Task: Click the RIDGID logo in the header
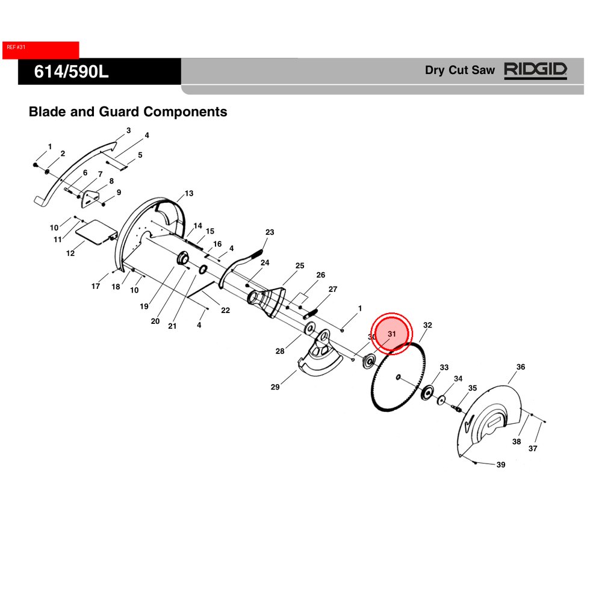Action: [x=535, y=70]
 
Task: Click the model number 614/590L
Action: [x=71, y=72]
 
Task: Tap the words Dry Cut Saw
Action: [x=460, y=70]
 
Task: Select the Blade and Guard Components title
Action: [x=128, y=111]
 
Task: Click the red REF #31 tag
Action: [x=40, y=50]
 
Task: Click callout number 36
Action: [x=521, y=367]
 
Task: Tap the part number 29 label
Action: [x=275, y=387]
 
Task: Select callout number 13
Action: [x=189, y=193]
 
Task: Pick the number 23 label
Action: [x=270, y=232]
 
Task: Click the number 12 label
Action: [x=70, y=253]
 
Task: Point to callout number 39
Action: [x=501, y=465]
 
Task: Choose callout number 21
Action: [x=172, y=326]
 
